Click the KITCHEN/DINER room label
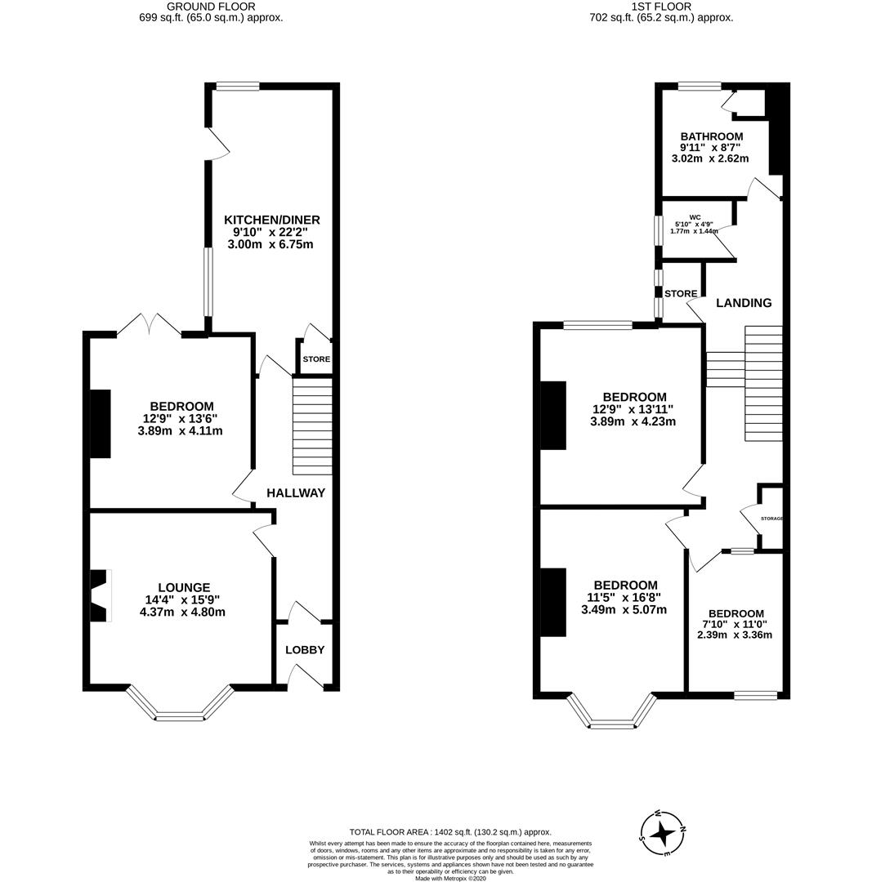(x=271, y=220)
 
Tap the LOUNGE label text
(x=184, y=587)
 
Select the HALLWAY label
(x=296, y=492)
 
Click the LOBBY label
(x=305, y=650)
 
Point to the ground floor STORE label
(x=316, y=359)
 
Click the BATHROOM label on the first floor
(x=711, y=136)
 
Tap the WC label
(x=695, y=217)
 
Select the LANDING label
(x=743, y=303)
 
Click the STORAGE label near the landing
(x=771, y=519)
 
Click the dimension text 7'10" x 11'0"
(x=736, y=624)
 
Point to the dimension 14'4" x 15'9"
(x=183, y=599)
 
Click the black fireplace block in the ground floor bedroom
(x=100, y=424)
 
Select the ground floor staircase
(x=312, y=425)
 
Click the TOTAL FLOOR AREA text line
(x=450, y=832)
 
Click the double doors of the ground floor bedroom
(x=149, y=326)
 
